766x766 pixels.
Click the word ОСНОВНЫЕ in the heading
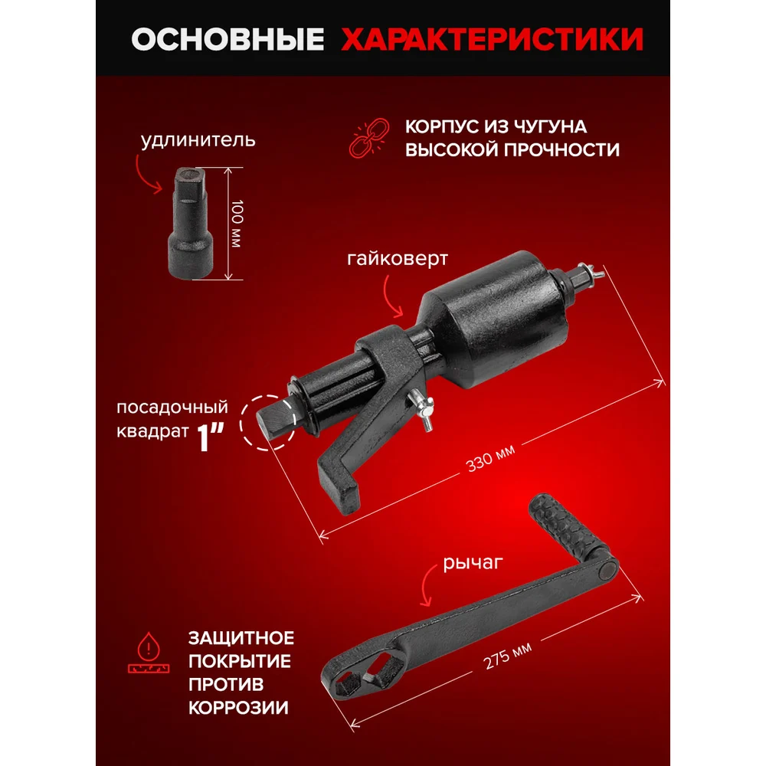228,39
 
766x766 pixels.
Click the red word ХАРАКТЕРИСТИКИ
492,39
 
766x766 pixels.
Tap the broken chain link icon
369,138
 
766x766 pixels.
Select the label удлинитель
198,140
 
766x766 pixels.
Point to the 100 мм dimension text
237,223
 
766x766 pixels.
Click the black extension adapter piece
191,224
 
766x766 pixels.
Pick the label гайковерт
397,258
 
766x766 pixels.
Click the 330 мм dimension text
490,459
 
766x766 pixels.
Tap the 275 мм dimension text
507,656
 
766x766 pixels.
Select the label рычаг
473,563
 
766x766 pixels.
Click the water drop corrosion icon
149,653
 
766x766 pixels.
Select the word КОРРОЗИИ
238,708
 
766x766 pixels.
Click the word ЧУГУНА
549,127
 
